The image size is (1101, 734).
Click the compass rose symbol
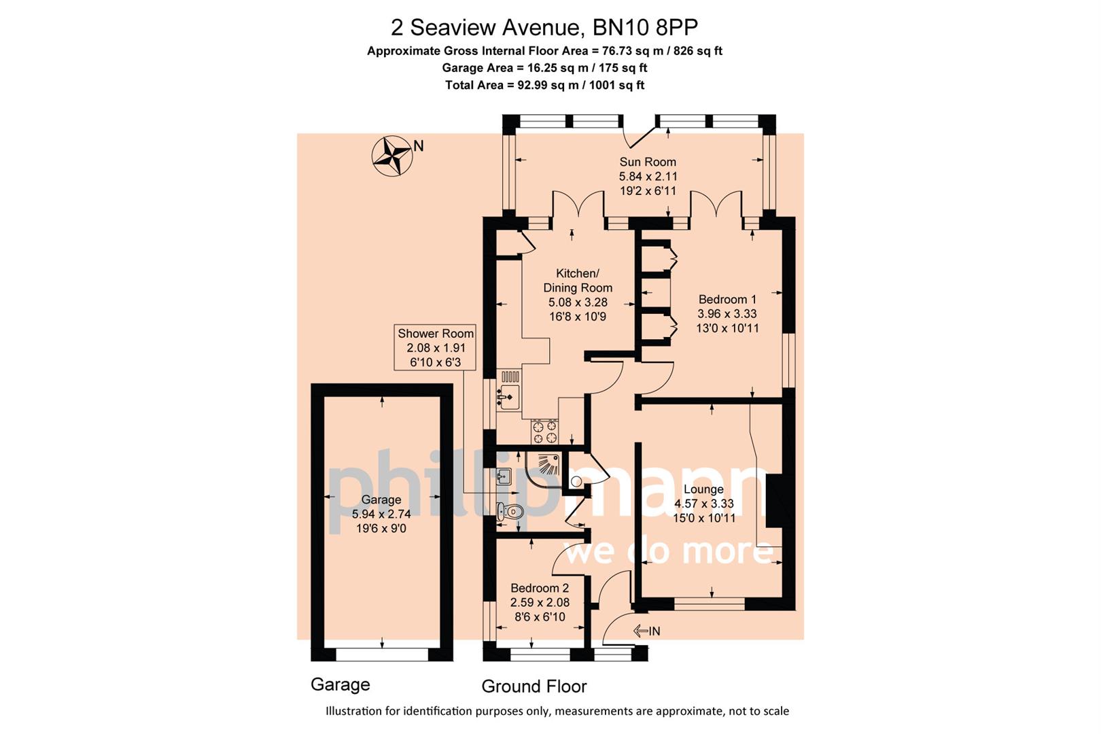coord(392,156)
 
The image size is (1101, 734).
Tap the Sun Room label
coord(647,162)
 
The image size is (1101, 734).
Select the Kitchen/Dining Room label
coord(577,280)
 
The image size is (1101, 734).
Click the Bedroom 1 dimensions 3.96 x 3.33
coord(727,313)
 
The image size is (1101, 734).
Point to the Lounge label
coord(703,489)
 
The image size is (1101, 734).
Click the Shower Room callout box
coord(435,347)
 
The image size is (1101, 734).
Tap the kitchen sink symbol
coord(508,396)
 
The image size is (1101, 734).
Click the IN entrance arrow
coord(646,631)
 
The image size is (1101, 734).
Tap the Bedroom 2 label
coord(540,588)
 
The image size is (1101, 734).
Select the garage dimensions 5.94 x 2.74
coord(381,514)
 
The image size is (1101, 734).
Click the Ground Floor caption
coord(534,686)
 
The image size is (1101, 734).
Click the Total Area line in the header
coord(544,85)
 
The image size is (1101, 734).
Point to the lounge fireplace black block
coord(775,501)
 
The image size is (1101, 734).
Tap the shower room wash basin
coord(503,476)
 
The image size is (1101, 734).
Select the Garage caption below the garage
coord(340,684)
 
